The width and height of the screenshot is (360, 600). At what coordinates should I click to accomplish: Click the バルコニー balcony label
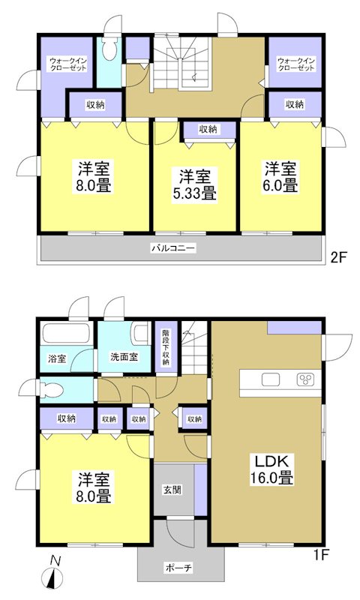(173, 247)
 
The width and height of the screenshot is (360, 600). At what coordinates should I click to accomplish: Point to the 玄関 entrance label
(171, 490)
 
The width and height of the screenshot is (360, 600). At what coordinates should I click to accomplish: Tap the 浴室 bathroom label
(58, 358)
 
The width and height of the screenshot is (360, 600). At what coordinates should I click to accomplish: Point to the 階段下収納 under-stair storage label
(165, 347)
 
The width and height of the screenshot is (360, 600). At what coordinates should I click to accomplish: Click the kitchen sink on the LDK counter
(271, 379)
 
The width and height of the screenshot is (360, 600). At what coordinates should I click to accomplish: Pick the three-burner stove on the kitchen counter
(305, 379)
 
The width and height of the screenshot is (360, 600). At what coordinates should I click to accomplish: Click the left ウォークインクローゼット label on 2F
(68, 64)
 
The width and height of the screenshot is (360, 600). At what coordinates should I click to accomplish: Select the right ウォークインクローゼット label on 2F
(295, 64)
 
